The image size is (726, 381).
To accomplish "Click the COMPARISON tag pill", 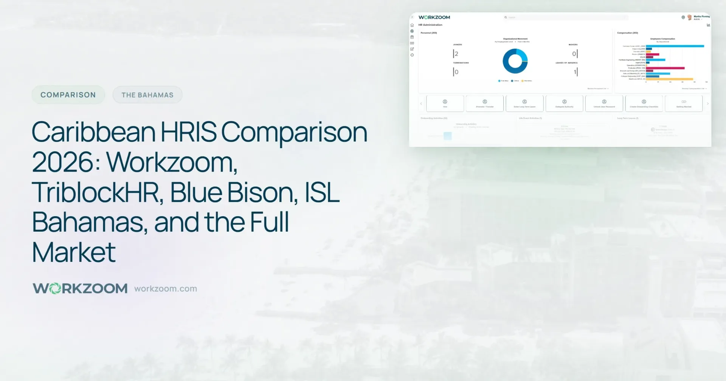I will [x=68, y=95].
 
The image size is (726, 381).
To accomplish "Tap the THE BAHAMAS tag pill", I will [x=147, y=95].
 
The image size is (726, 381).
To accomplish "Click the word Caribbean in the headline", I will [x=93, y=132].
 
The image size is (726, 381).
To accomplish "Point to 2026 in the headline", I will [x=63, y=163].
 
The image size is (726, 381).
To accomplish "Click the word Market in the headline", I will [x=74, y=252].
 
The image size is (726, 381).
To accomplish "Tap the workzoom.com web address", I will [x=166, y=289].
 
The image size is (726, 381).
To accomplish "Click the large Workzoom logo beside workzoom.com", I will [x=80, y=288].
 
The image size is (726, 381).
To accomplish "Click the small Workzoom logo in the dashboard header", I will [x=434, y=17].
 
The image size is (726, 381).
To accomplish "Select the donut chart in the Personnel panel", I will [x=515, y=61].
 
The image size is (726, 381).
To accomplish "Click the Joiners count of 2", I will [x=456, y=54].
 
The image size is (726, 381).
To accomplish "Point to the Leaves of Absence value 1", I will [x=575, y=72].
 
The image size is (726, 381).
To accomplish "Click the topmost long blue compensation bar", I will [x=675, y=46].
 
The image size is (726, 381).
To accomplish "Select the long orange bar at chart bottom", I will [x=669, y=79].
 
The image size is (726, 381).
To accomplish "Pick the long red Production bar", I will [x=665, y=68].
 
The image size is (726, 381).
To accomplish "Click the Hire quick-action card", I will [x=445, y=104].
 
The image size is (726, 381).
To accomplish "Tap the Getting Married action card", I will [x=684, y=104].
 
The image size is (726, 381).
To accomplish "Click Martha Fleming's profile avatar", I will [x=690, y=17].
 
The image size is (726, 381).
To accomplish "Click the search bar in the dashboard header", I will [x=567, y=17].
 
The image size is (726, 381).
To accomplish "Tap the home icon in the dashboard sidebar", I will [x=412, y=25].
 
